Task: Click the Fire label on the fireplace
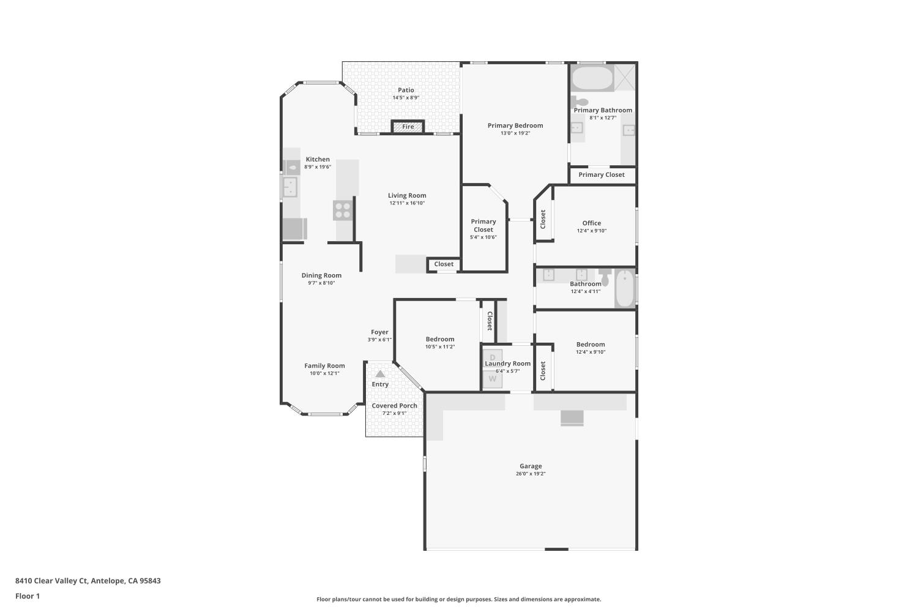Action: pyautogui.click(x=408, y=127)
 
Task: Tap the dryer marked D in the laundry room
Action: pyautogui.click(x=492, y=357)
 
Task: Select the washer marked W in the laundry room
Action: pyautogui.click(x=492, y=379)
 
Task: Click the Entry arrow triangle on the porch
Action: pyautogui.click(x=380, y=374)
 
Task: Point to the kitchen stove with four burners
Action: pyautogui.click(x=343, y=211)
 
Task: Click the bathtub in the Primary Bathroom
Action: pyautogui.click(x=592, y=78)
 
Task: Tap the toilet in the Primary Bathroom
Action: pyautogui.click(x=580, y=101)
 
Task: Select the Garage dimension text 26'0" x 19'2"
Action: pyautogui.click(x=531, y=474)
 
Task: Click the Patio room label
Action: pyautogui.click(x=406, y=90)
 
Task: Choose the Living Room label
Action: pyautogui.click(x=407, y=195)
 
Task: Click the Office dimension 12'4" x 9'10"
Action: pyautogui.click(x=592, y=231)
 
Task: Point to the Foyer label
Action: pyautogui.click(x=379, y=332)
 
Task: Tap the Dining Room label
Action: pyautogui.click(x=321, y=275)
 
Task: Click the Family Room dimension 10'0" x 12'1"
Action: pyautogui.click(x=324, y=373)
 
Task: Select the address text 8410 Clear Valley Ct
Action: pyautogui.click(x=51, y=581)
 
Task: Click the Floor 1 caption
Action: pyautogui.click(x=28, y=596)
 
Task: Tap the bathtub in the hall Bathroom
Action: pyautogui.click(x=625, y=288)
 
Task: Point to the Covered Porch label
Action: pyautogui.click(x=394, y=406)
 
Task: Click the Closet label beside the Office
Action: pyautogui.click(x=543, y=219)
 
